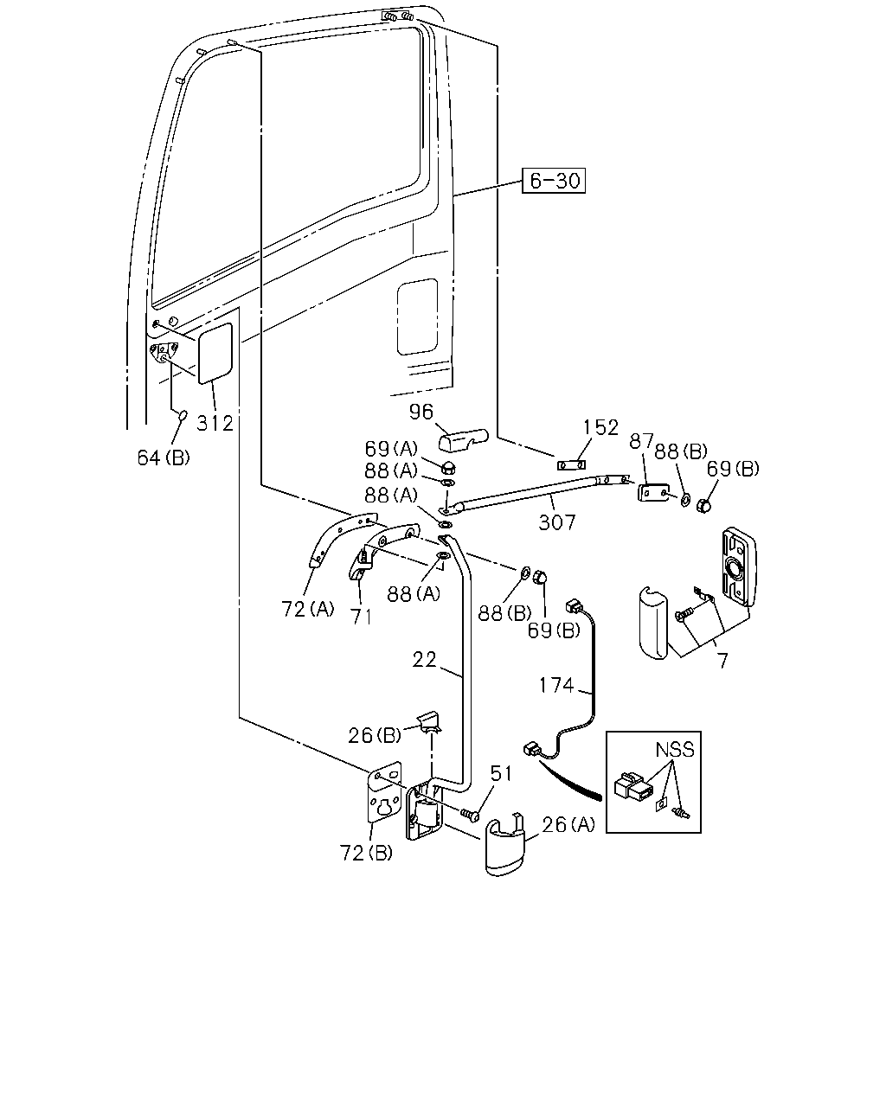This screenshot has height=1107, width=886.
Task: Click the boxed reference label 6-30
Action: point(554,181)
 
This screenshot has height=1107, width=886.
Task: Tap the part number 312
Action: point(215,423)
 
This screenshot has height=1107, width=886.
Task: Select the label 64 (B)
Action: point(164,458)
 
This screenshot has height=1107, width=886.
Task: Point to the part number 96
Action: point(421,411)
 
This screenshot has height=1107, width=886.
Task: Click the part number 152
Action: point(600,427)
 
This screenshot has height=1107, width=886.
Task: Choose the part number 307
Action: point(557,522)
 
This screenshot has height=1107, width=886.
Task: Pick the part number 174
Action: point(556,685)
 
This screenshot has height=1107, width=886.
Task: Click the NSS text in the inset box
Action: point(675,750)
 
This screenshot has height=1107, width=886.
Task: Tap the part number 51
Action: point(501,773)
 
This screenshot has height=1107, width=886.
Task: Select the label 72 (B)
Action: point(366,853)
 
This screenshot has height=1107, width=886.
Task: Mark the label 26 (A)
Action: point(568,824)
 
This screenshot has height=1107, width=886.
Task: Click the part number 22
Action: point(424,660)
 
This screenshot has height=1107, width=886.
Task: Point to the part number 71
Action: point(361,617)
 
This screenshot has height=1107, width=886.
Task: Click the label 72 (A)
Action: point(308,609)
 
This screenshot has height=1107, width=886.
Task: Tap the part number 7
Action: point(723,661)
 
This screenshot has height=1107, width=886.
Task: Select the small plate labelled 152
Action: point(571,465)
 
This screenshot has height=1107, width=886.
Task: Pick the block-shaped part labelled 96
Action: point(463,440)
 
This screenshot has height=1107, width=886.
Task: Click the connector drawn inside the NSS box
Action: point(633,786)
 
